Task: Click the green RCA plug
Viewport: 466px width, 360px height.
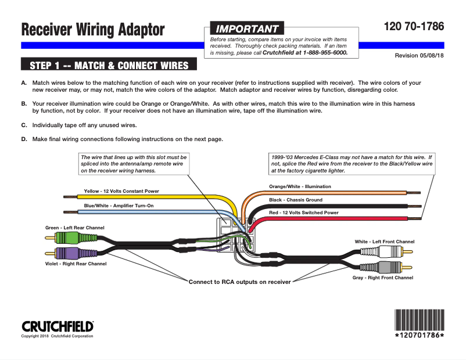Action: [x=69, y=237]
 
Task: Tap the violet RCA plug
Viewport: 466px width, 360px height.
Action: [x=69, y=253]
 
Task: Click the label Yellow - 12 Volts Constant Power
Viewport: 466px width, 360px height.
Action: [x=121, y=191]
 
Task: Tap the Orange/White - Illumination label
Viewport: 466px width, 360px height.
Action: [x=300, y=186]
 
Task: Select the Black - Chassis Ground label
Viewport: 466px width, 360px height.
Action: [x=295, y=200]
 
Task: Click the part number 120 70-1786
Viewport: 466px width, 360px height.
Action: [x=414, y=27]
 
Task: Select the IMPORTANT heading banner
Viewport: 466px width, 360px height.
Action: [x=247, y=28]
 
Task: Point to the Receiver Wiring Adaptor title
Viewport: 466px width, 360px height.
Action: [x=93, y=29]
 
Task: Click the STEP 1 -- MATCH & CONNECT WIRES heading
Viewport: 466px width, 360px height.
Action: [x=109, y=64]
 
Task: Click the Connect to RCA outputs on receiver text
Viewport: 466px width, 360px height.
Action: [x=239, y=282]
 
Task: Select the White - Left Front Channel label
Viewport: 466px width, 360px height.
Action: [x=385, y=242]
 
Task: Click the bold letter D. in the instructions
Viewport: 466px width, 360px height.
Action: [x=24, y=139]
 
